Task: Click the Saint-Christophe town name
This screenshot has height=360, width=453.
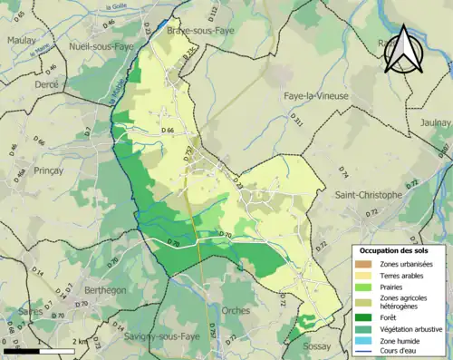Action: pyautogui.click(x=368, y=195)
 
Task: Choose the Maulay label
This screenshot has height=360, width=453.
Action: pyautogui.click(x=21, y=41)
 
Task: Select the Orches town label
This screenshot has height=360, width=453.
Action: pyautogui.click(x=235, y=310)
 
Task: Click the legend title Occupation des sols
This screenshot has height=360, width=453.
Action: pyautogui.click(x=395, y=249)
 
